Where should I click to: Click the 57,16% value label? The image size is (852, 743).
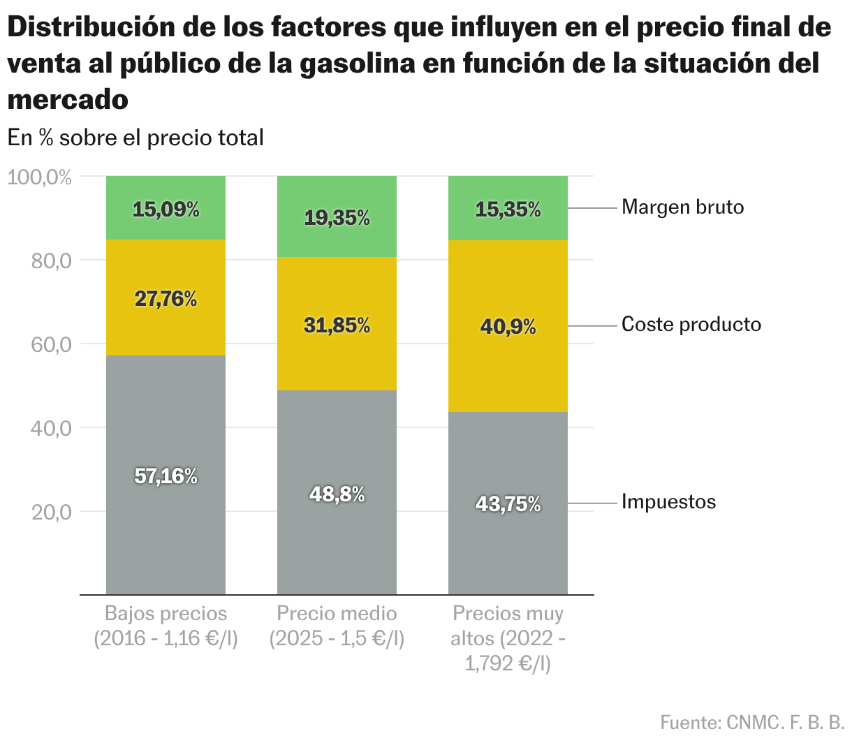click(166, 476)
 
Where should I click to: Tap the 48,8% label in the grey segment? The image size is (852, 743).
click(337, 494)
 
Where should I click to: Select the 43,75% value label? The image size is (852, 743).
click(508, 503)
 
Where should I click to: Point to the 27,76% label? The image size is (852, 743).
click(166, 299)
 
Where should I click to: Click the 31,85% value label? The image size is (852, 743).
click(337, 325)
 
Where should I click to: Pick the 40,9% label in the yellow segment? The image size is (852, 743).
click(508, 326)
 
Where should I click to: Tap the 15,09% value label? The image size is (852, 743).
click(166, 209)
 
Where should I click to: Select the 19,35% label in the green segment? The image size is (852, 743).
click(337, 218)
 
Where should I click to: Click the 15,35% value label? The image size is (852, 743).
click(508, 209)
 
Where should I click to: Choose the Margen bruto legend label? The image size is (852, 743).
click(682, 207)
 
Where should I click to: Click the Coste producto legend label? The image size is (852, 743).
click(691, 325)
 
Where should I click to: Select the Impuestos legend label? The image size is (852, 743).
click(668, 502)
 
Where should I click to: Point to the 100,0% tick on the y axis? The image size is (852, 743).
click(40, 177)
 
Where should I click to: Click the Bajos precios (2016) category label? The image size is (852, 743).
click(166, 626)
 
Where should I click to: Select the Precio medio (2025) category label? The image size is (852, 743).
click(337, 626)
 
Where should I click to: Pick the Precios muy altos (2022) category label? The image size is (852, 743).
click(508, 638)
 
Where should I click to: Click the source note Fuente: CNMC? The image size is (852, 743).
click(752, 722)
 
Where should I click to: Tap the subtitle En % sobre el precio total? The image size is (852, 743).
click(135, 138)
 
